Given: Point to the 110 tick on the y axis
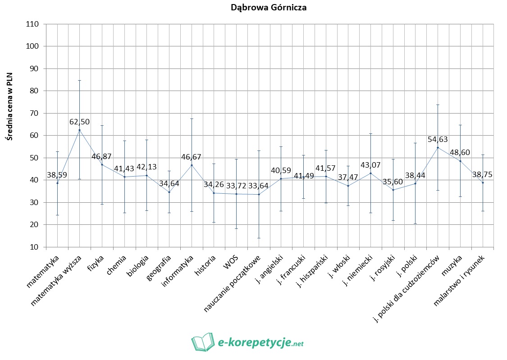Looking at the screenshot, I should pyautogui.click(x=33, y=24).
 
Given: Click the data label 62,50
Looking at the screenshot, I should pyautogui.click(x=80, y=122).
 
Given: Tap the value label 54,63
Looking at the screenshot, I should pyautogui.click(x=438, y=139).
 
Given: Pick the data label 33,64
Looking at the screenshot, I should pyautogui.click(x=259, y=186).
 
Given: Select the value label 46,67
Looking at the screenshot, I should pyautogui.click(x=191, y=157).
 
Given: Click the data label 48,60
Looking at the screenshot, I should pyautogui.click(x=460, y=153).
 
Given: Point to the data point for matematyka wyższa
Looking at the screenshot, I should pyautogui.click(x=80, y=130).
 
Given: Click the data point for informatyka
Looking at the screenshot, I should pyautogui.click(x=192, y=165).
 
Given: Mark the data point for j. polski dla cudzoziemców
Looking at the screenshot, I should pyautogui.click(x=438, y=147).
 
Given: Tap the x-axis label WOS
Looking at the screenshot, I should pyautogui.click(x=231, y=262).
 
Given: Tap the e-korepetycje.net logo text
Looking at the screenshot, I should pyautogui.click(x=260, y=343).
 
